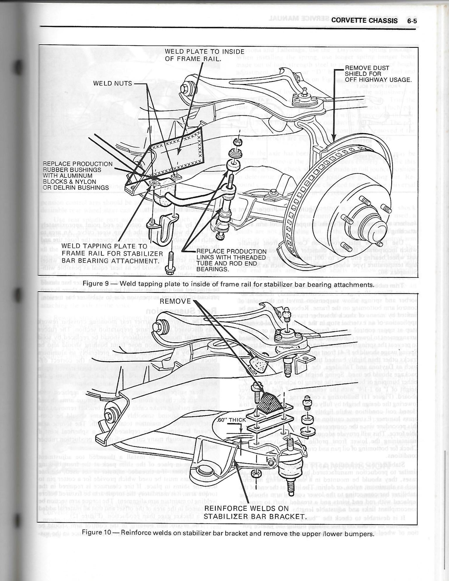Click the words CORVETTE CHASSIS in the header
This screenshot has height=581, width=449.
pyautogui.click(x=364, y=21)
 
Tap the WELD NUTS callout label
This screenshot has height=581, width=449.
pyautogui.click(x=113, y=83)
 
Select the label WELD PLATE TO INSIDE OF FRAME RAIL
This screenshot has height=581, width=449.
pyautogui.click(x=204, y=55)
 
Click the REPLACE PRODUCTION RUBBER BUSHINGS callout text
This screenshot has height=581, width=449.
pyautogui.click(x=77, y=176)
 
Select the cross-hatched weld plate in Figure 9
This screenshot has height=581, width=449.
pyautogui.click(x=178, y=152)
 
